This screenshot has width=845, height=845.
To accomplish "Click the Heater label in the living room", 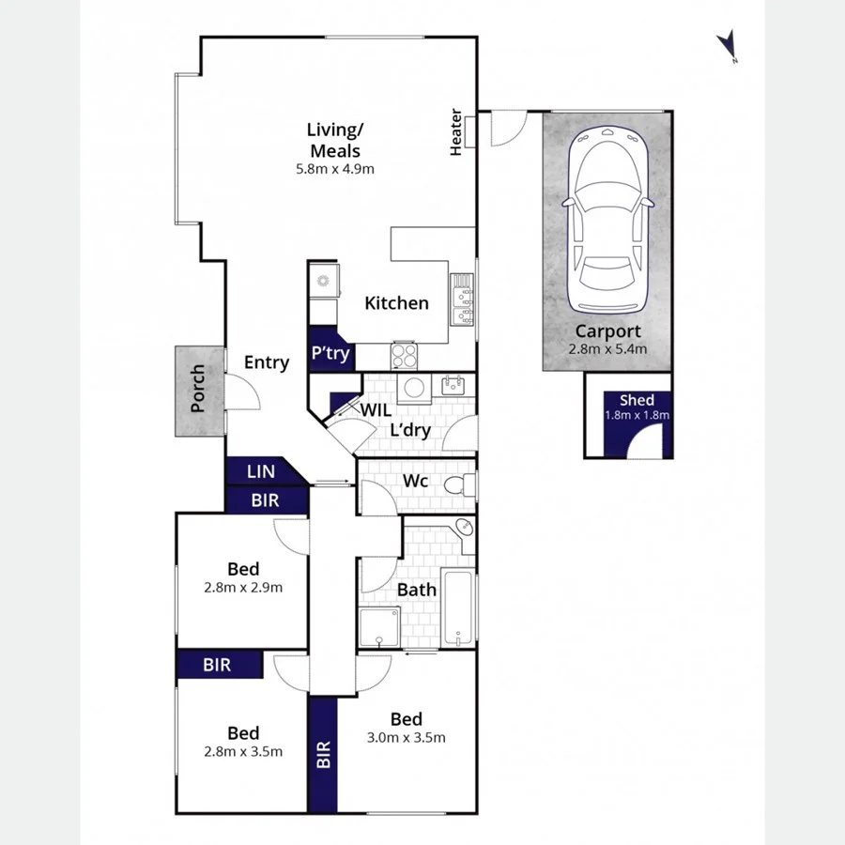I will (x=456, y=132).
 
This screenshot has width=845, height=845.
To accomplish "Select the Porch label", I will (x=198, y=390).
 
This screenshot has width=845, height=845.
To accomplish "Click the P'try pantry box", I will (x=330, y=352).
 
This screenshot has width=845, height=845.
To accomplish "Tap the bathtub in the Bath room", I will (x=458, y=607).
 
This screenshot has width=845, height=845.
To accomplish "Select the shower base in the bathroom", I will (x=379, y=627).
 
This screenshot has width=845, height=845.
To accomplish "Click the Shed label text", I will (x=637, y=401).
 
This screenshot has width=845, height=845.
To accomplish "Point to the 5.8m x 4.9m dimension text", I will (x=335, y=170).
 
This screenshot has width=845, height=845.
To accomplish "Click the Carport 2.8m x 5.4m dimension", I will (x=607, y=348).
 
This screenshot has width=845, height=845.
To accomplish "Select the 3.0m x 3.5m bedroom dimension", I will (x=407, y=737).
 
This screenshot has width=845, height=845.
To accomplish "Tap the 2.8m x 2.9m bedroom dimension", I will (x=243, y=588).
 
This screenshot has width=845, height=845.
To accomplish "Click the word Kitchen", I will (x=396, y=303).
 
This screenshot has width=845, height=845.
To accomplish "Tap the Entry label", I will (x=267, y=362).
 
